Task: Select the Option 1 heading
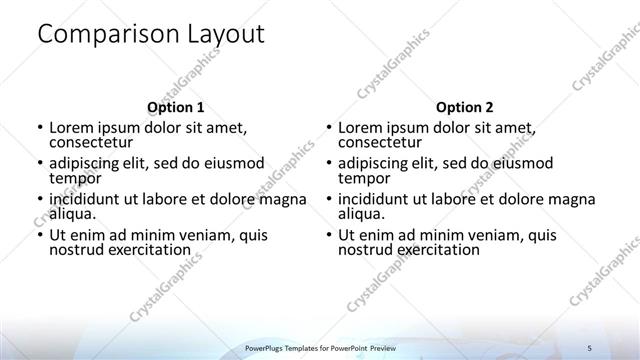pos(175,107)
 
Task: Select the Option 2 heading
pos(464,107)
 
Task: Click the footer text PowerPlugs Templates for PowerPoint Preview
pos(320,346)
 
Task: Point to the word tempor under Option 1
pos(75,178)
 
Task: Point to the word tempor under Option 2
pos(364,178)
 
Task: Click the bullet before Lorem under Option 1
pos(39,129)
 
